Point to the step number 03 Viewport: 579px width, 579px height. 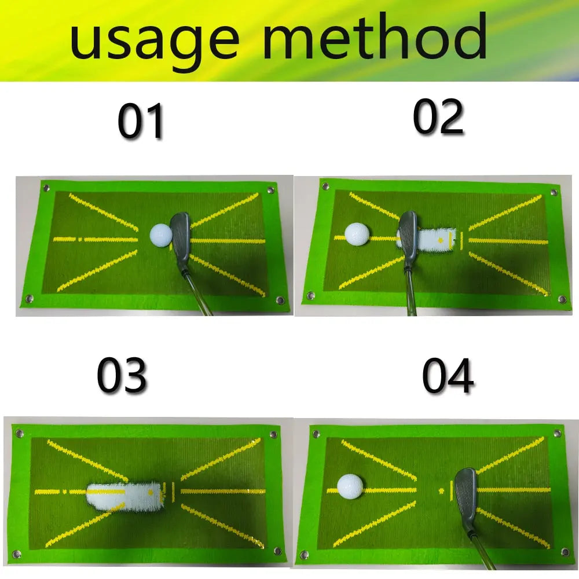[x=122, y=376]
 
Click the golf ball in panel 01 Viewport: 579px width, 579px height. [x=160, y=234]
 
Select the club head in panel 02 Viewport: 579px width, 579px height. [x=408, y=234]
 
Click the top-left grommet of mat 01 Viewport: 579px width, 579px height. [x=45, y=186]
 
